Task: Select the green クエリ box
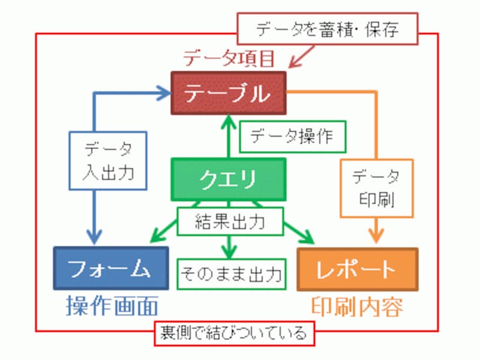tap(229, 178)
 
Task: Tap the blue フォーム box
tap(111, 267)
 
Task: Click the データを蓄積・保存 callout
tap(326, 29)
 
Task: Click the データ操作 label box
tap(293, 137)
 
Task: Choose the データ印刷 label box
tap(376, 187)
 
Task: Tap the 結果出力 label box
tap(230, 221)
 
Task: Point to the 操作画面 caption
tap(112, 307)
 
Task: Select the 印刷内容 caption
tap(358, 307)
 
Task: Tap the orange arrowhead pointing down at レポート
tap(376, 238)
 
